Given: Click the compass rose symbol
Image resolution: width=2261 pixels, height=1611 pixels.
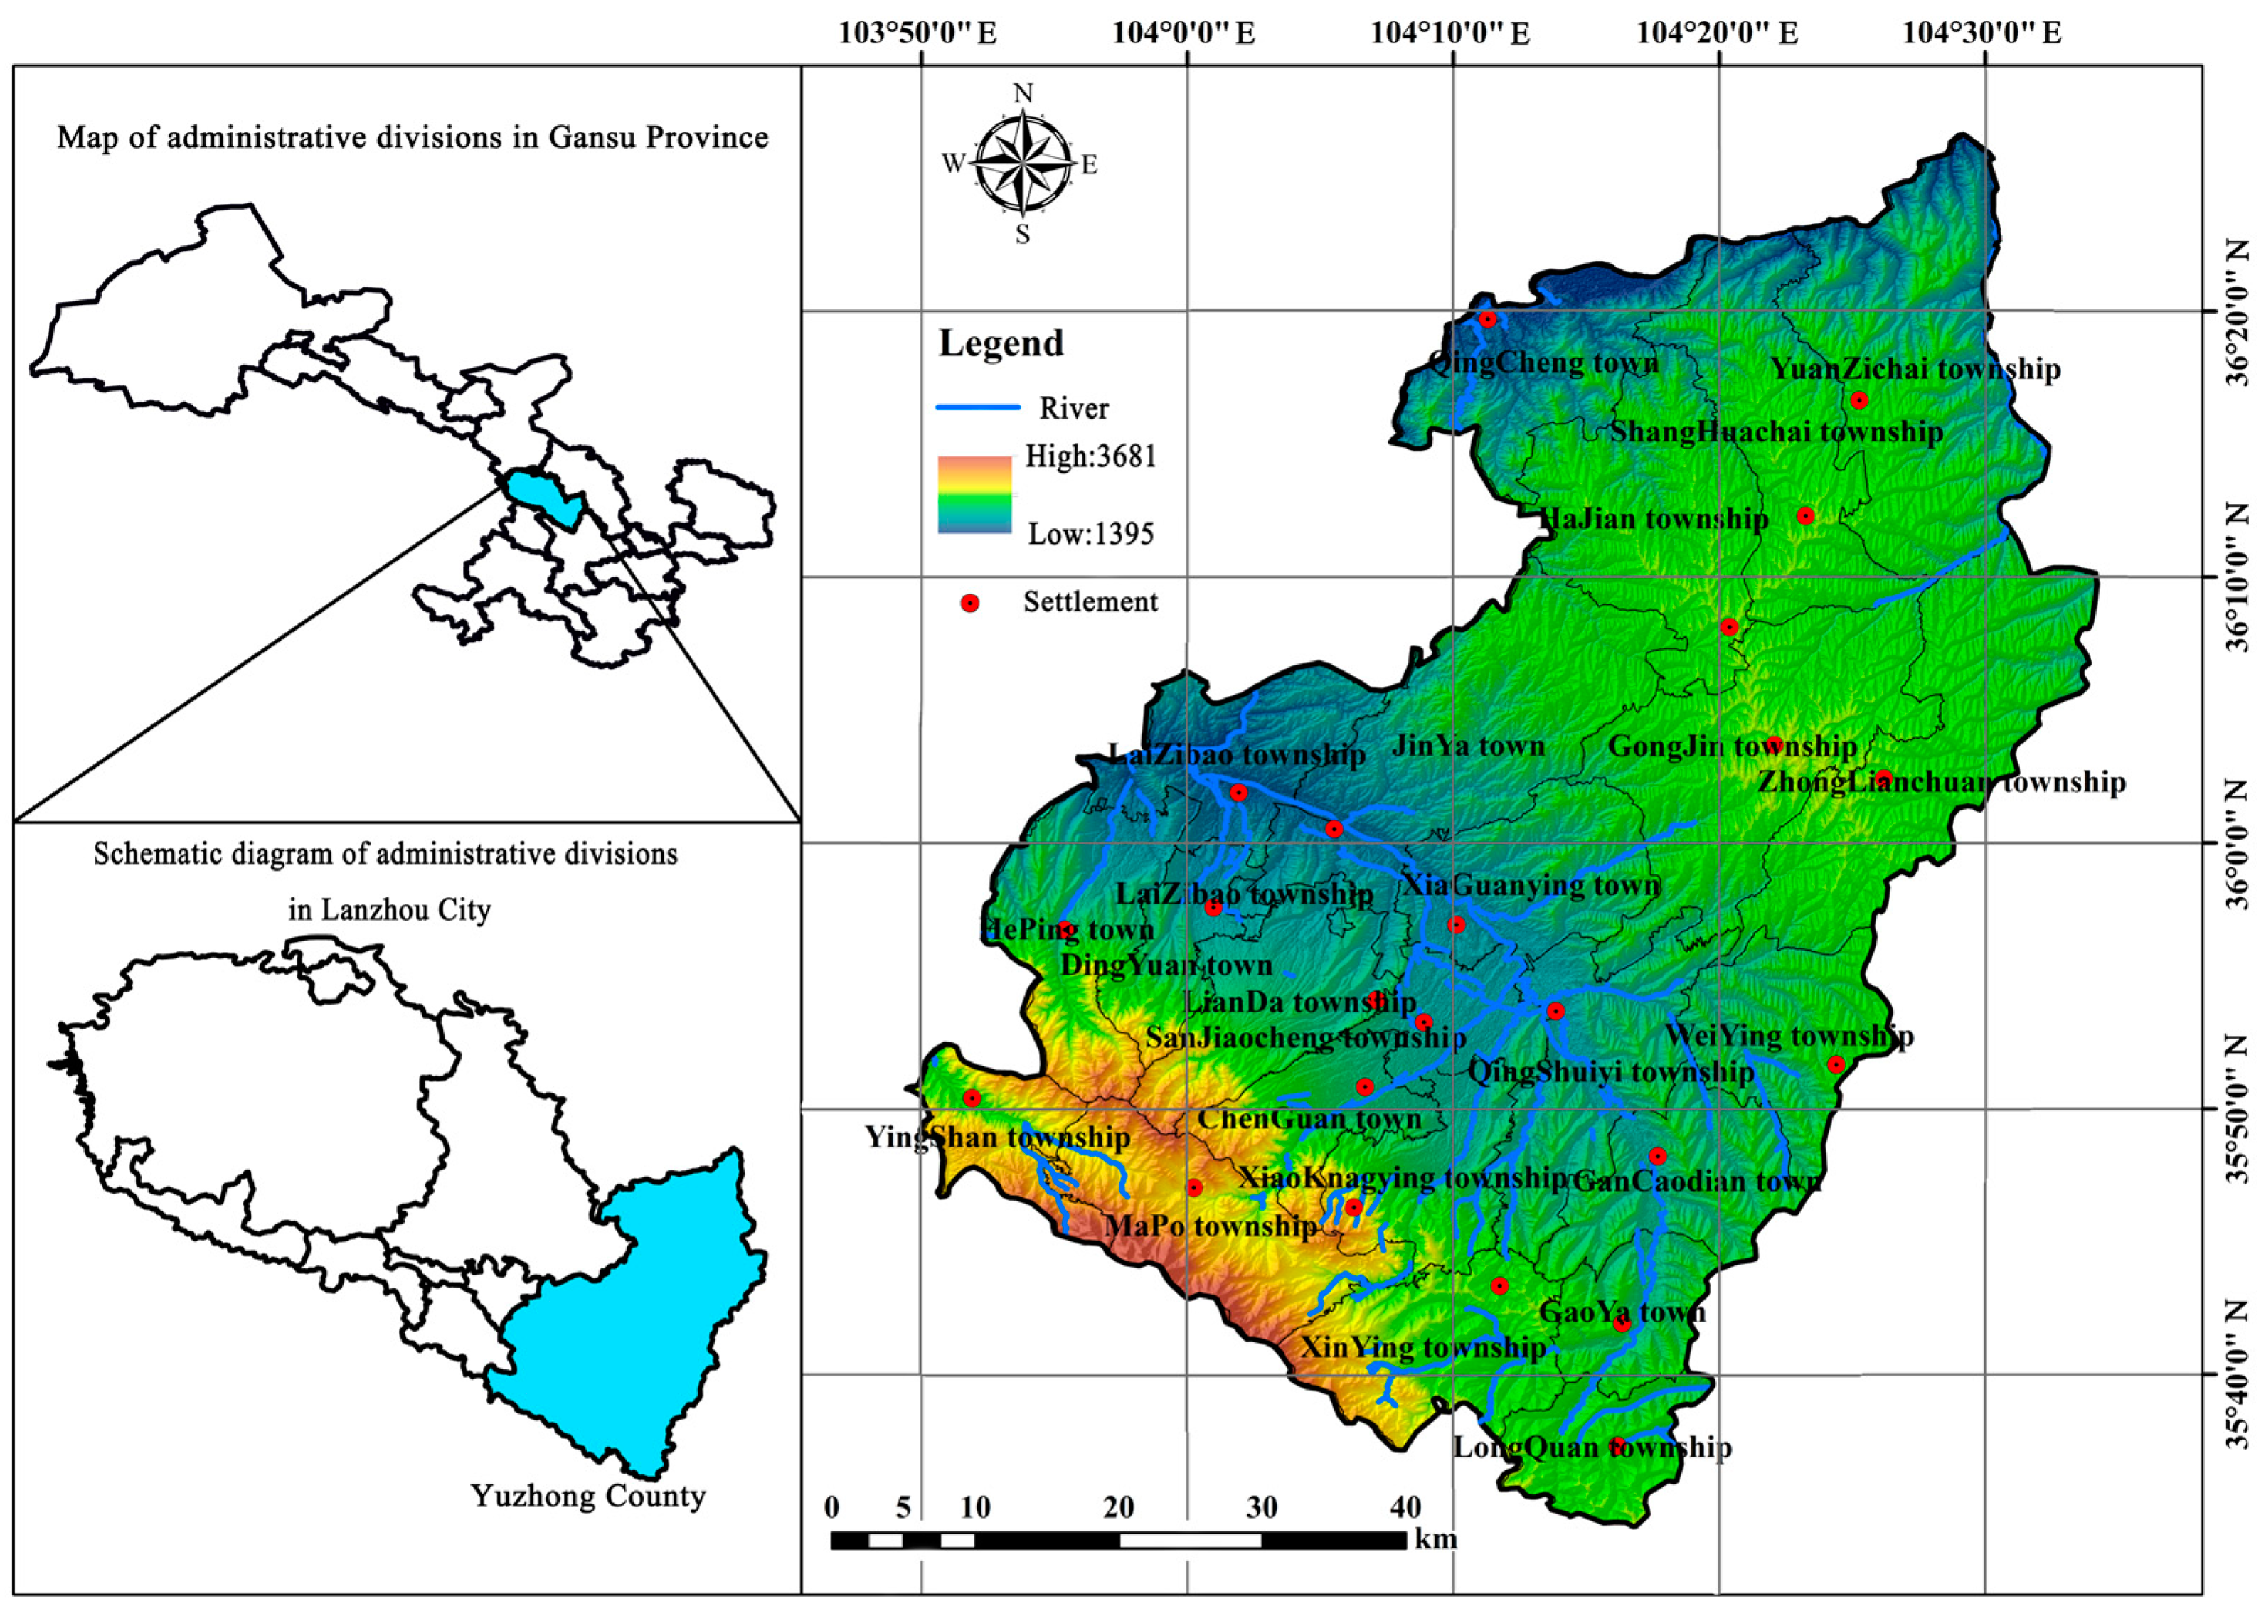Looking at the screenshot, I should click(x=1023, y=164).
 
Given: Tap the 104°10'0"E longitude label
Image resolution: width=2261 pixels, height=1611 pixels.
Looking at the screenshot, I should click(x=1449, y=33).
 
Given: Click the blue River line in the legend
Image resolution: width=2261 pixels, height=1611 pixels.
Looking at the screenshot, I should click(x=978, y=407).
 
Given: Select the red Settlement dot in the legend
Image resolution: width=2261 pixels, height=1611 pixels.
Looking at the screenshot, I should click(x=970, y=603).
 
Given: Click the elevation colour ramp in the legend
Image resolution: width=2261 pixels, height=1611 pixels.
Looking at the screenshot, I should click(x=974, y=495).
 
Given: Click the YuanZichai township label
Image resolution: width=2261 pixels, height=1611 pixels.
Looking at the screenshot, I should click(x=1915, y=369).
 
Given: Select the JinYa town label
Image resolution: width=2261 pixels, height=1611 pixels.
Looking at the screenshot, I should click(x=1468, y=746).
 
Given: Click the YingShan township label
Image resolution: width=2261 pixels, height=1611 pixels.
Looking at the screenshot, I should click(x=997, y=1137).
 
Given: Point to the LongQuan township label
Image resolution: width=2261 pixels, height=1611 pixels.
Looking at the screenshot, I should click(x=1592, y=1447).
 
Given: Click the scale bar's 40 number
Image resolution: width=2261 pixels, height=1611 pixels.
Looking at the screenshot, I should click(x=1405, y=1508).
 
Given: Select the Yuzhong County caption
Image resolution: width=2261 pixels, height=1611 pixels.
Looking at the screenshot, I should click(x=587, y=1496).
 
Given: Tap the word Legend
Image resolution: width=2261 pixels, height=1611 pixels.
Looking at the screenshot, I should click(x=1001, y=343).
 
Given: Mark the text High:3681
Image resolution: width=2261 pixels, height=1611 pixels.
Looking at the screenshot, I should click(x=1090, y=456).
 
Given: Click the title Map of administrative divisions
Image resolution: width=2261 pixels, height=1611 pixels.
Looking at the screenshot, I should click(x=413, y=137).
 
